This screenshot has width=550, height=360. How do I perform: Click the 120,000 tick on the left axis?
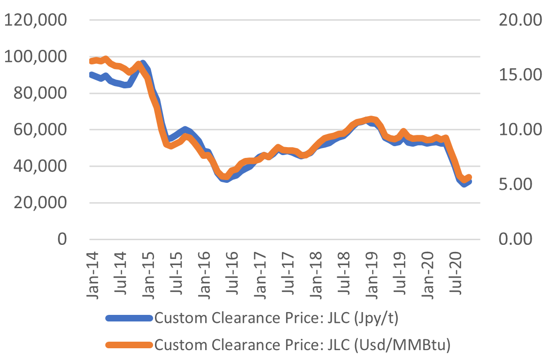pyautogui.click(x=36, y=20)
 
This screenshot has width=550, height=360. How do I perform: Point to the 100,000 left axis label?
pyautogui.click(x=36, y=57)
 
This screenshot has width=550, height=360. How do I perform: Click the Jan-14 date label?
pyautogui.click(x=93, y=273)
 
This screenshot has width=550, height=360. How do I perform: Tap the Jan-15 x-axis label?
pyautogui.click(x=148, y=273)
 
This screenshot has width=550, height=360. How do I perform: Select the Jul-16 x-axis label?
pyautogui.click(x=232, y=273)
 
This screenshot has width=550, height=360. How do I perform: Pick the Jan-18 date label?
pyautogui.click(x=316, y=273)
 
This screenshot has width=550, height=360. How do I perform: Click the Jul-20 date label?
pyautogui.click(x=455, y=273)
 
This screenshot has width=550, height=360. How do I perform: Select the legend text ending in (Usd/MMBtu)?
pyautogui.click(x=302, y=344)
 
